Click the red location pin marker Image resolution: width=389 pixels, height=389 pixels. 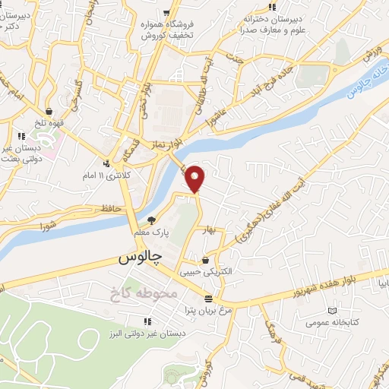click(196, 178)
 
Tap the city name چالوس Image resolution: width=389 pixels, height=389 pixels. click(141, 258)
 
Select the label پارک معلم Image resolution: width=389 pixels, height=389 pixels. click(150, 230)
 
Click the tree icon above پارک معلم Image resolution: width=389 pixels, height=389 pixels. click(150, 218)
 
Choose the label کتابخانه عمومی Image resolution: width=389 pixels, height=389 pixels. click(332, 322)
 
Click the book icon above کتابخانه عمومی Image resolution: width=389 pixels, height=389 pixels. click(331, 310)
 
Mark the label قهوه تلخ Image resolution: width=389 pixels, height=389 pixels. click(49, 121)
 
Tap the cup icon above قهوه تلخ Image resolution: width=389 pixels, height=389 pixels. click(49, 110)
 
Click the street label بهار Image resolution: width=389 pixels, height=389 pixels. click(208, 229)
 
